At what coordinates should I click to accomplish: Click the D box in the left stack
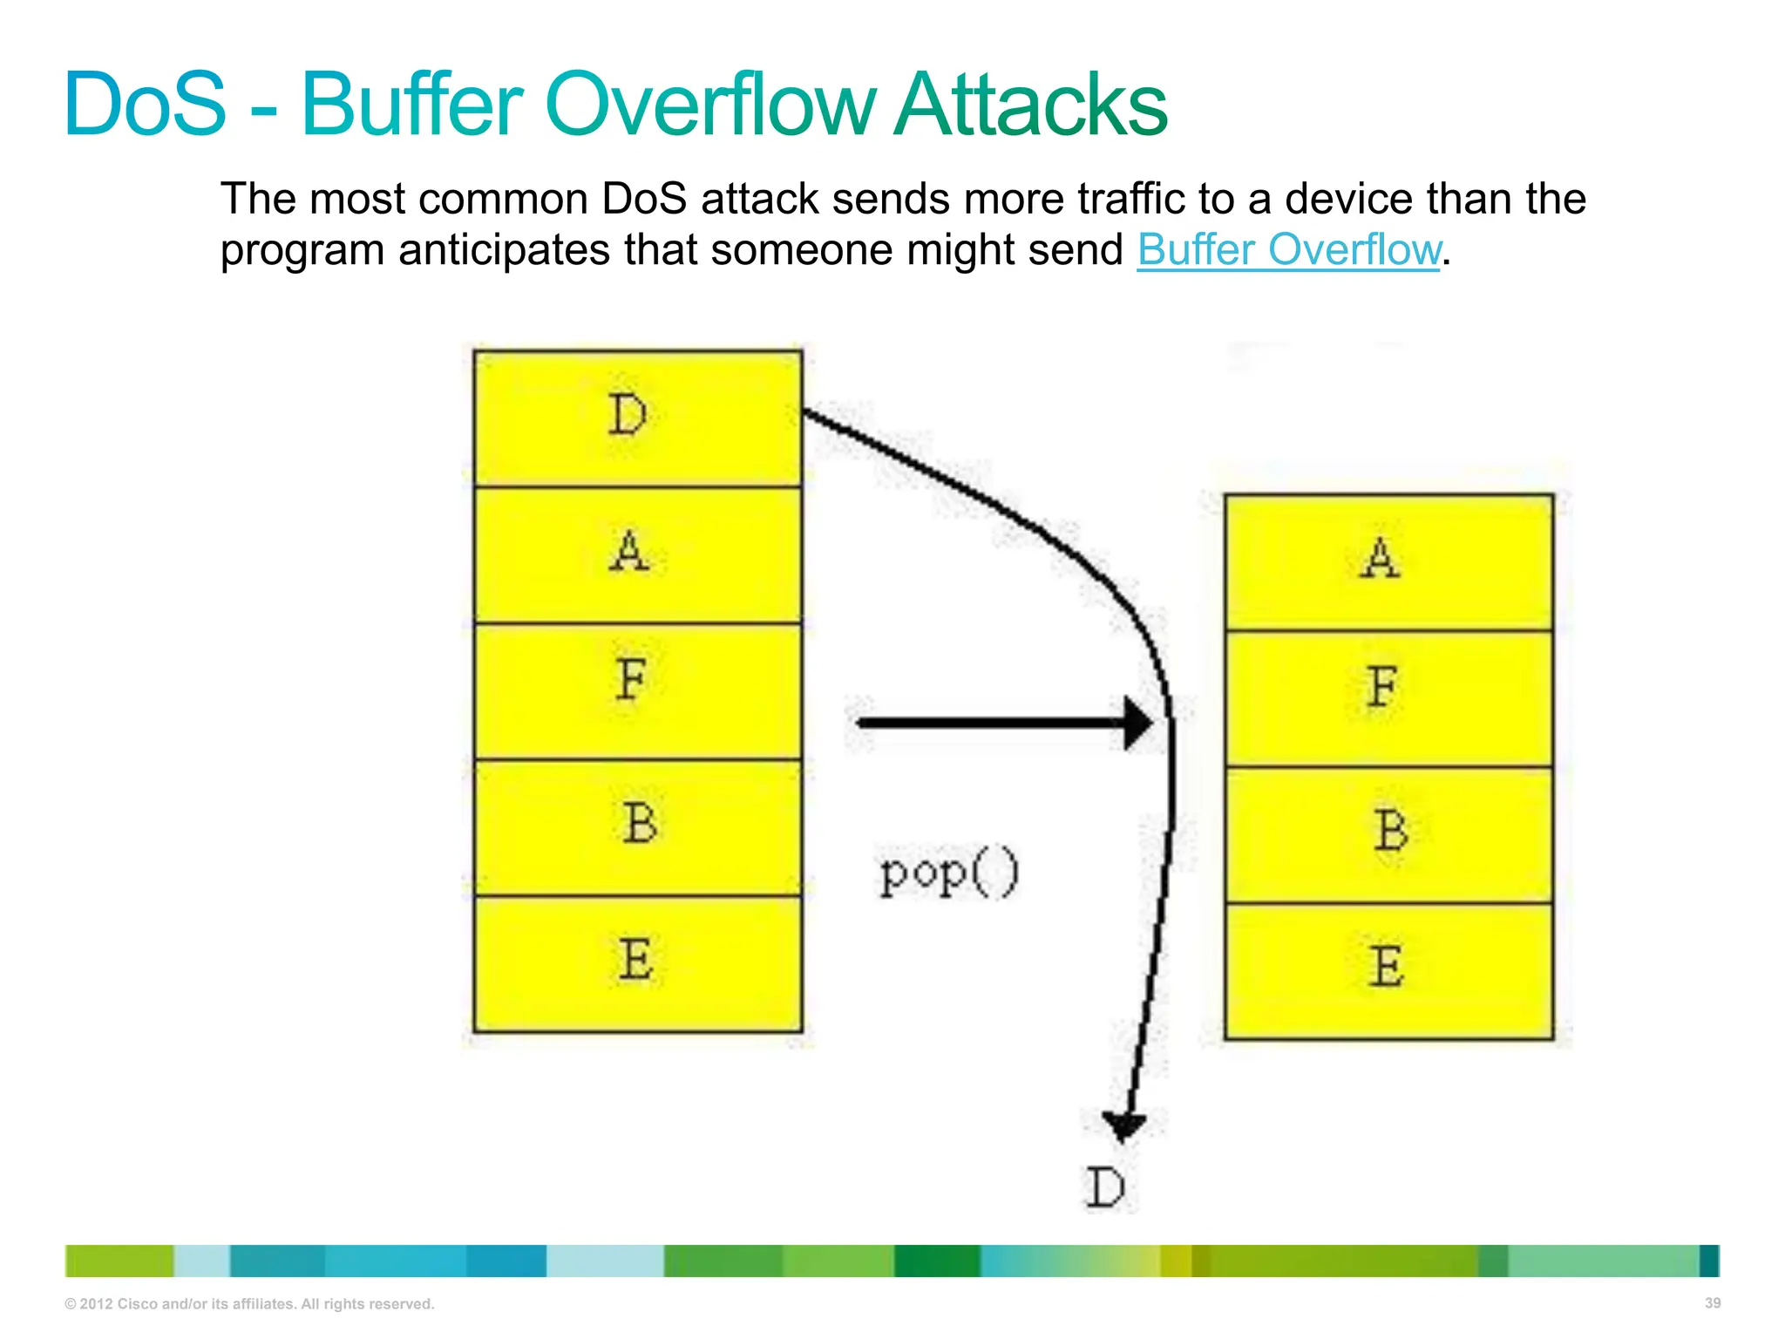coord(637,418)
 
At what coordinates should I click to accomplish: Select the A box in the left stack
coord(637,554)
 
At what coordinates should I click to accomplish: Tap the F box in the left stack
coord(637,690)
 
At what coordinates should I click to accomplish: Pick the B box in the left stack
coord(637,826)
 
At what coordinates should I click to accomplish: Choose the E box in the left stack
coord(637,963)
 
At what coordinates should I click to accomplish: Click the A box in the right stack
coord(1388,562)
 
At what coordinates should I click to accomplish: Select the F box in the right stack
coord(1388,698)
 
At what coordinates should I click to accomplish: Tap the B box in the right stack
coord(1388,834)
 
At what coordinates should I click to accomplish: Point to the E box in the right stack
coord(1388,970)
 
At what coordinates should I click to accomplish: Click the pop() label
coord(948,874)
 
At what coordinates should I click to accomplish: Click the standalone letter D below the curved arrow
coord(1105,1187)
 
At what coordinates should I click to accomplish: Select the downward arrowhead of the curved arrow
coord(1123,1125)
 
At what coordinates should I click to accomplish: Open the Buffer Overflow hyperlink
coord(1288,250)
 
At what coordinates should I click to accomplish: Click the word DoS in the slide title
coord(145,105)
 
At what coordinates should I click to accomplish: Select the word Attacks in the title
coord(1030,105)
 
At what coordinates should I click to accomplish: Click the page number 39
coord(1712,1302)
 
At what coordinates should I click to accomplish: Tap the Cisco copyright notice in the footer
coord(249,1303)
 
